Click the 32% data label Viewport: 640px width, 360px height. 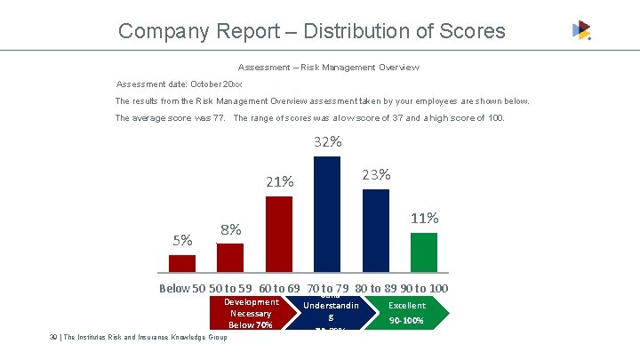point(328,142)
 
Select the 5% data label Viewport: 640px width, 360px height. point(182,239)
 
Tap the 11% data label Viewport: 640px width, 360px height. point(424,218)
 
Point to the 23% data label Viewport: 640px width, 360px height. point(377,174)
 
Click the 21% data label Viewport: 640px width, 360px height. point(280,182)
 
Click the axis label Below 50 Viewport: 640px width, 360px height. point(181,288)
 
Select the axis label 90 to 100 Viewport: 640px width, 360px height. point(424,288)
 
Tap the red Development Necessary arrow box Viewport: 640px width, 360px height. point(242,313)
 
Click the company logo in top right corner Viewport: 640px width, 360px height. point(581,30)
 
